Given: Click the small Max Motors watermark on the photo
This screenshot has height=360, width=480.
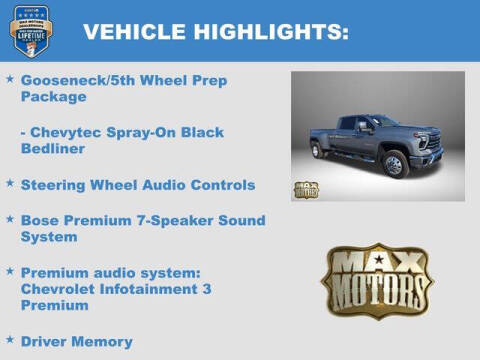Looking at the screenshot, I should [306, 189].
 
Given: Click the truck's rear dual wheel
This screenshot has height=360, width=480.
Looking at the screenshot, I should [320, 151].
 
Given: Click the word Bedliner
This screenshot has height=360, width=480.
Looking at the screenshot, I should [55, 149].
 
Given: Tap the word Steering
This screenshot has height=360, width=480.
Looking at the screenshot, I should [55, 185].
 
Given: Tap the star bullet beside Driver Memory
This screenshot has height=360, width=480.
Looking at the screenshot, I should [9, 340].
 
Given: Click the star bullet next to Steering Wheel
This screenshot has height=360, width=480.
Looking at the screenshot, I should [9, 184].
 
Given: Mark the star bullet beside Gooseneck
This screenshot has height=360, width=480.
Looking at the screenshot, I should [9, 78].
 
